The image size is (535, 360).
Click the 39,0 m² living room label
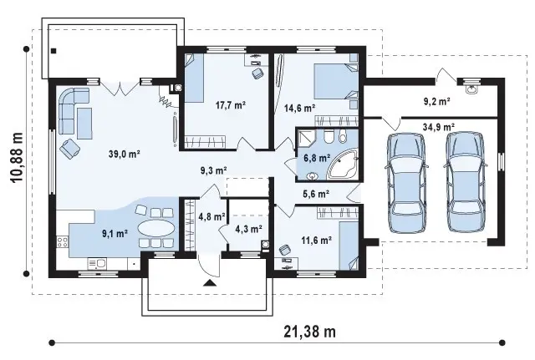click(125, 154)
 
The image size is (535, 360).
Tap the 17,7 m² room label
click(231, 105)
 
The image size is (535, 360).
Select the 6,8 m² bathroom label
click(317, 158)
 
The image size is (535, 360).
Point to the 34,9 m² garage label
click(438, 127)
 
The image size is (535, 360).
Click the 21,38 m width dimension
click(309, 332)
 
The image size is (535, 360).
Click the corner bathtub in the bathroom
click(343, 165)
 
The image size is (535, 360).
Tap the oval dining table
click(155, 228)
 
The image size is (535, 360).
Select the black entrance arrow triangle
click(209, 282)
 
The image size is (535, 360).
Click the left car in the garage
click(406, 182)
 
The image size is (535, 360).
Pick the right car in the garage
click(466, 182)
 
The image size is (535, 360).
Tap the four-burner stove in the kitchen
click(63, 242)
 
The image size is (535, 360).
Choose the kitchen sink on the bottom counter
click(97, 263)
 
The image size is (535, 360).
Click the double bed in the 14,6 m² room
click(336, 81)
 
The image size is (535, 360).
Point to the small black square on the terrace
click(53, 51)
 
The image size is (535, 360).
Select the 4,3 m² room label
click(249, 229)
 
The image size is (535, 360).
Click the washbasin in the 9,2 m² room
click(471, 89)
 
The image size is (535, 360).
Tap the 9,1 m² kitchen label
click(115, 234)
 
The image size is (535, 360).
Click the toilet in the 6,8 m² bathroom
click(329, 136)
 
